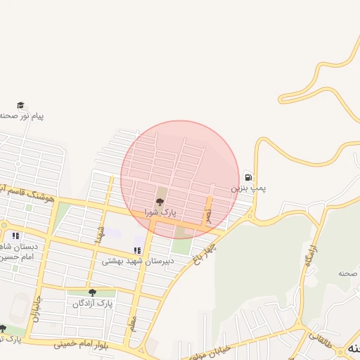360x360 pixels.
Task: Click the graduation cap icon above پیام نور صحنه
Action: (20, 105)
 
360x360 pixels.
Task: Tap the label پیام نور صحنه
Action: (21, 115)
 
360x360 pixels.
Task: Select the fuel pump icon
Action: (248, 176)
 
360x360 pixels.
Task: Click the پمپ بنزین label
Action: (249, 189)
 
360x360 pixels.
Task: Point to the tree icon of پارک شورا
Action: (159, 202)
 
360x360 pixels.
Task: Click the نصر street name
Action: (208, 206)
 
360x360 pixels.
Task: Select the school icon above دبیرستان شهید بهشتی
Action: (136, 250)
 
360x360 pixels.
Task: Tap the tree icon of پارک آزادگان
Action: (92, 292)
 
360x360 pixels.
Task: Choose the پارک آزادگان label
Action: (92, 303)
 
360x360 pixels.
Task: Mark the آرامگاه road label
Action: (309, 254)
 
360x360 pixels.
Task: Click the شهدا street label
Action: (101, 234)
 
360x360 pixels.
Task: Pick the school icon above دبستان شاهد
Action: (15, 235)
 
